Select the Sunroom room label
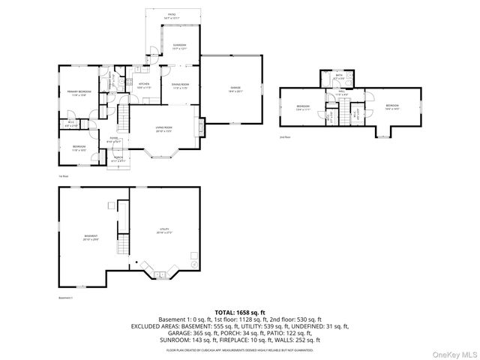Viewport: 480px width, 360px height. [180, 47]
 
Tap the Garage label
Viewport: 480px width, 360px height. [235, 89]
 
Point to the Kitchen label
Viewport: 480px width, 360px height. [144, 85]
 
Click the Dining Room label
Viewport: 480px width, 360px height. [180, 85]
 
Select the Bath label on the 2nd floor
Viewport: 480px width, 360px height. [339, 76]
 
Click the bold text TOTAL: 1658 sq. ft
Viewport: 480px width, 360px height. [239, 311]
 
